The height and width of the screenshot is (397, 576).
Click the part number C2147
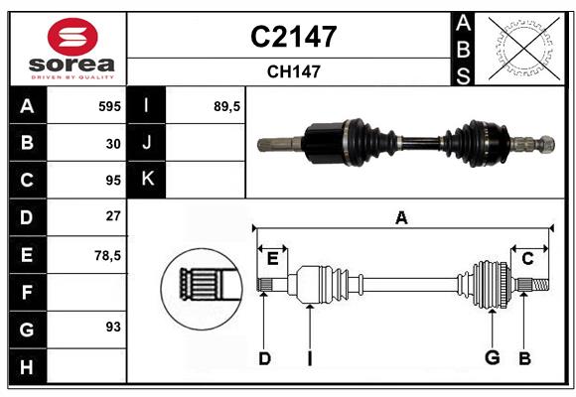point(294,37)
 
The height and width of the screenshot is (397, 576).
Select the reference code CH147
point(294,71)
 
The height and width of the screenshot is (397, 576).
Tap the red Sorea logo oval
point(72,37)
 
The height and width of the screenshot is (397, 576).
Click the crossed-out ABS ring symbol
point(524,49)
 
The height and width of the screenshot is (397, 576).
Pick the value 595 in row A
point(109,106)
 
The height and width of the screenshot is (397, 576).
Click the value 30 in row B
point(113,144)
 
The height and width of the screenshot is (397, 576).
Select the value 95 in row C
point(113,181)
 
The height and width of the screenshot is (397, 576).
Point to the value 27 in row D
point(113,216)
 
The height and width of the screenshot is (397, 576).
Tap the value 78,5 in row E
point(107,255)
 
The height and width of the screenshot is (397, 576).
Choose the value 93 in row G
point(113,327)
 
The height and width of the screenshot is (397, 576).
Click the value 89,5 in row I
point(226,106)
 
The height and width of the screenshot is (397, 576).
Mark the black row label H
point(28,366)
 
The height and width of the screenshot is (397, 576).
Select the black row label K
point(146,180)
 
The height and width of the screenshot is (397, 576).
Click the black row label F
point(28,292)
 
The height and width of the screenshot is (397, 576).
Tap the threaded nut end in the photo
point(546,144)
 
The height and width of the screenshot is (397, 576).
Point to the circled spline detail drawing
point(202,289)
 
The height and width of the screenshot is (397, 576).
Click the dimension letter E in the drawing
point(272,259)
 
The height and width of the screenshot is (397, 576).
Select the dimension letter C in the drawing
point(527,259)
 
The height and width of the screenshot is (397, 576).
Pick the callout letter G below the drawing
point(493,357)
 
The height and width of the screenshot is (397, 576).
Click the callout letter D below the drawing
point(264,358)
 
